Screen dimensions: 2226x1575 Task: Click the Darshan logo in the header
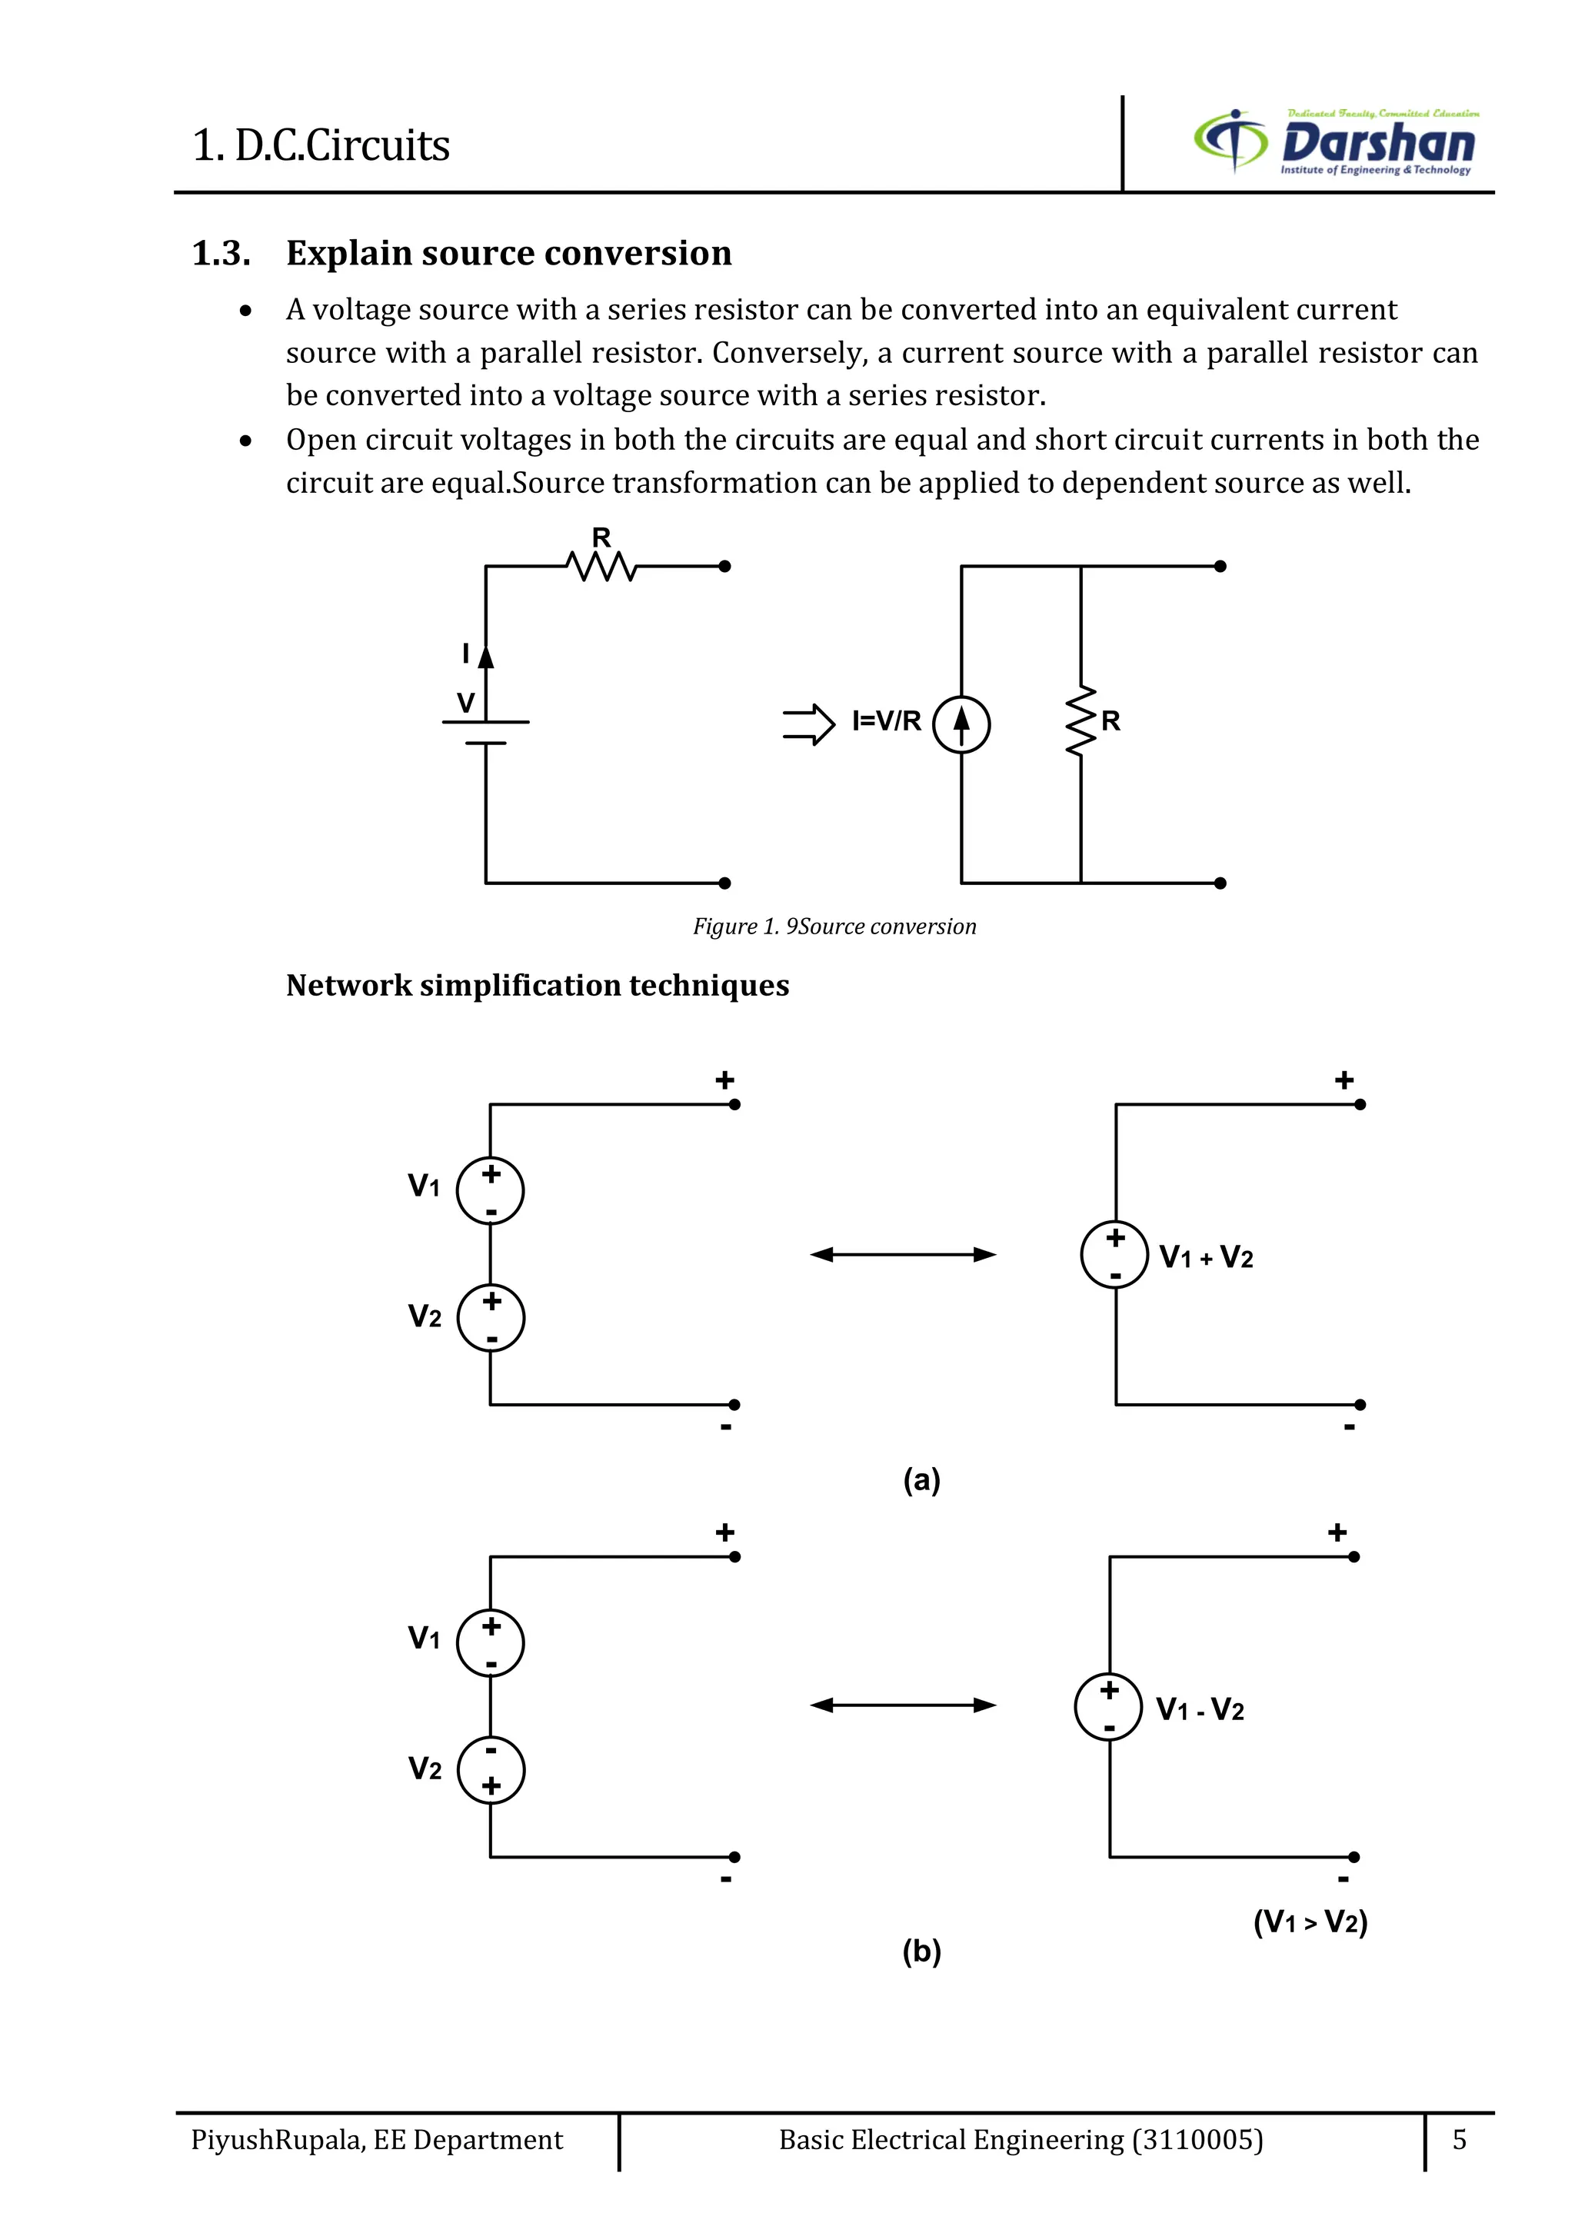[x=1336, y=142]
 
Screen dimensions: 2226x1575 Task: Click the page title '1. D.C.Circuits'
[x=321, y=145]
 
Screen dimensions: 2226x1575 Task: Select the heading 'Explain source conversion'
[x=508, y=253]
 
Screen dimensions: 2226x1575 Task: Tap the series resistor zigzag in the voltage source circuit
[x=601, y=565]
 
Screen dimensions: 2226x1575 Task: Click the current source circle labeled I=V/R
[x=961, y=724]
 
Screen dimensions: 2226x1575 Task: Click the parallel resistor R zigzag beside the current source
[x=1081, y=722]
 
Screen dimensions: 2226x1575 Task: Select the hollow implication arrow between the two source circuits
[x=807, y=724]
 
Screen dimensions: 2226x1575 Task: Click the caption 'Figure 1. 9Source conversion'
[x=834, y=927]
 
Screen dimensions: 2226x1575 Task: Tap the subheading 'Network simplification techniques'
[x=538, y=986]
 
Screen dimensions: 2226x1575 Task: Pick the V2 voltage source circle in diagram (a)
[x=491, y=1318]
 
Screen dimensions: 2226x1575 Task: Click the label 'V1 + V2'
[x=1207, y=1257]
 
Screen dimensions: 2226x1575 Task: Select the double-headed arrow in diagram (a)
[x=903, y=1255]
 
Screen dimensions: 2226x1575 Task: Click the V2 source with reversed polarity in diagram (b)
[x=491, y=1770]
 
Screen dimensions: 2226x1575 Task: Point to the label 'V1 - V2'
[x=1200, y=1709]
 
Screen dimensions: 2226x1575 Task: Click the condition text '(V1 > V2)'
[x=1310, y=1922]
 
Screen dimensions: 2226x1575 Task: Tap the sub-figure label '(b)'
[x=921, y=1951]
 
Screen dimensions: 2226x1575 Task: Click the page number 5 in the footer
[x=1459, y=2140]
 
